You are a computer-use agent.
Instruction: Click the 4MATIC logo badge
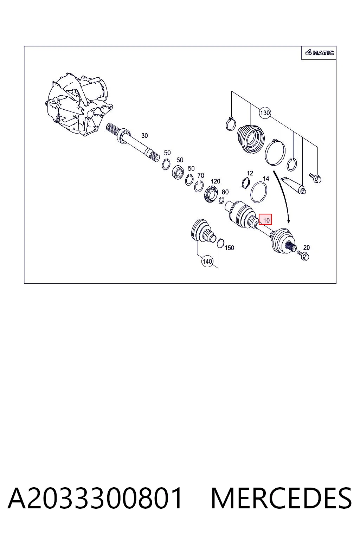click(x=319, y=52)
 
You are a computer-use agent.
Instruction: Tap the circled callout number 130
click(x=265, y=113)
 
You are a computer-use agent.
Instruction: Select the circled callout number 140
click(x=207, y=261)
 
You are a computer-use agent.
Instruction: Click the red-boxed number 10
click(x=265, y=220)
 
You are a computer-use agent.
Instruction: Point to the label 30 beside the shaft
click(x=144, y=136)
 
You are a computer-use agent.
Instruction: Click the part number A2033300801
click(x=95, y=498)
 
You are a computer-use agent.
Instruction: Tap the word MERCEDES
click(x=281, y=498)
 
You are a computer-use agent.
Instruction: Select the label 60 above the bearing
click(x=180, y=160)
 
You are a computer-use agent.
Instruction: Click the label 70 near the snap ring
click(x=201, y=175)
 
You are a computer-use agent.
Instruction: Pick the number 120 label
click(x=215, y=181)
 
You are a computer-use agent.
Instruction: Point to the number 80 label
click(x=225, y=192)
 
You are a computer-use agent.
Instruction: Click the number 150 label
click(x=229, y=247)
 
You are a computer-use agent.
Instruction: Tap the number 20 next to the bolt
click(x=307, y=247)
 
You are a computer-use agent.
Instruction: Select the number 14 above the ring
click(x=266, y=178)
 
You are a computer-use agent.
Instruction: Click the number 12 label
click(x=250, y=173)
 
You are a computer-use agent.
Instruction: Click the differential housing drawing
click(x=79, y=104)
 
